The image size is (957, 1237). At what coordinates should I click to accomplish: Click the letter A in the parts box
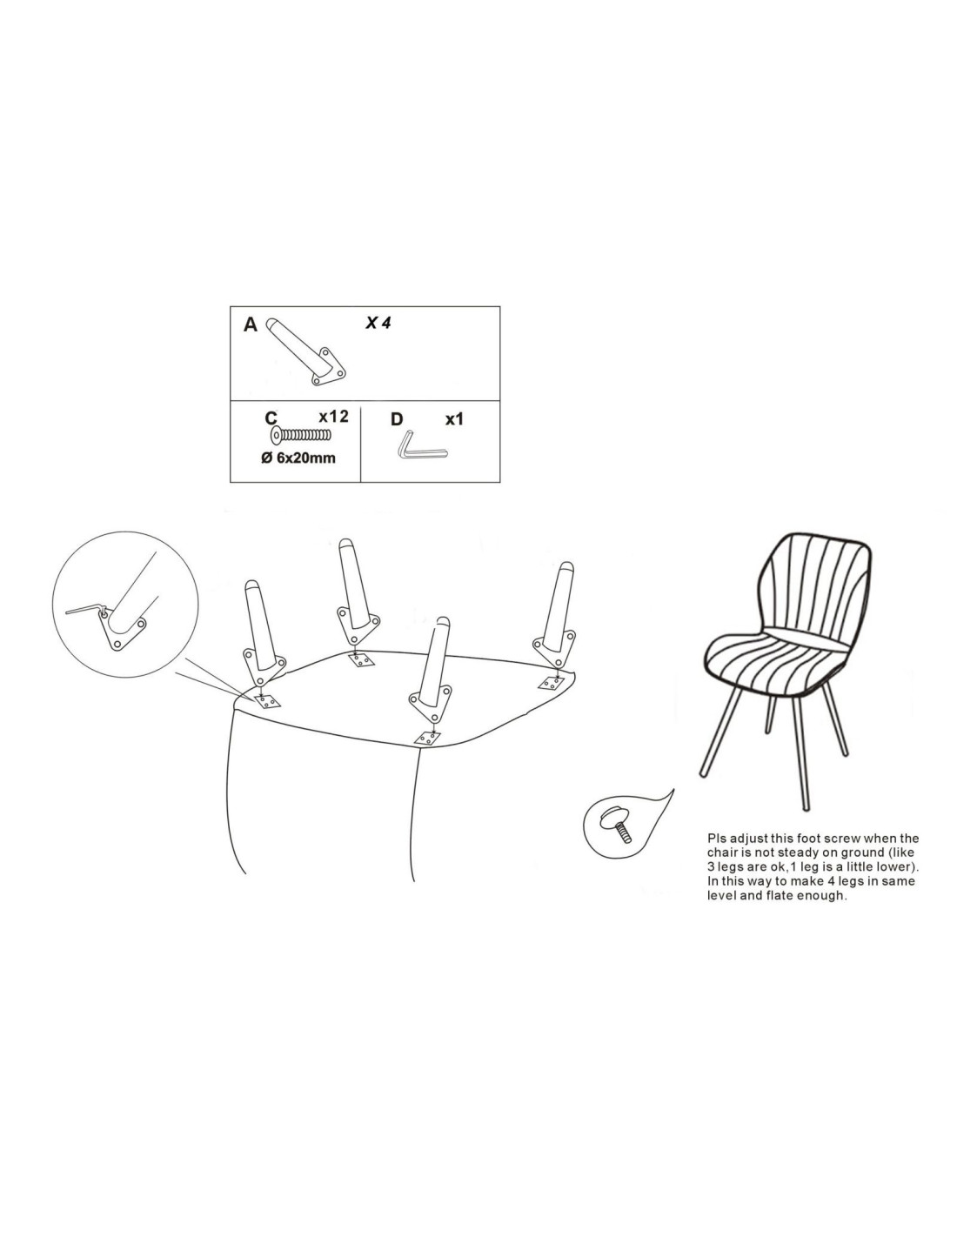(250, 324)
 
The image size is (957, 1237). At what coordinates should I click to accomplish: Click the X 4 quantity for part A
(378, 323)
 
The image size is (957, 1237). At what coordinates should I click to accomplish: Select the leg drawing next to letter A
(306, 351)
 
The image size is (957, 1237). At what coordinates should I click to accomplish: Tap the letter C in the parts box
(271, 418)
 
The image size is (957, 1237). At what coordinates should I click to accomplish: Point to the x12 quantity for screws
(333, 417)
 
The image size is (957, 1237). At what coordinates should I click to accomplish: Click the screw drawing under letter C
(301, 436)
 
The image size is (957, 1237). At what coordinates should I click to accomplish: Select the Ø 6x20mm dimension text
(298, 458)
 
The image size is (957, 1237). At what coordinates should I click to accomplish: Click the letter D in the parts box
(397, 419)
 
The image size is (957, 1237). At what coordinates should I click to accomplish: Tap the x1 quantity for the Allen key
(454, 419)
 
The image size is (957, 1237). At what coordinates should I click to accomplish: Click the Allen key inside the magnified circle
(85, 610)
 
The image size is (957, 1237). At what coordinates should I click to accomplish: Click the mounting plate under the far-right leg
(552, 683)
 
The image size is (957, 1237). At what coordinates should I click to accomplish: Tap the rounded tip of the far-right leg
(565, 567)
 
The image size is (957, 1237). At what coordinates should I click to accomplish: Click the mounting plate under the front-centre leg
(427, 739)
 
